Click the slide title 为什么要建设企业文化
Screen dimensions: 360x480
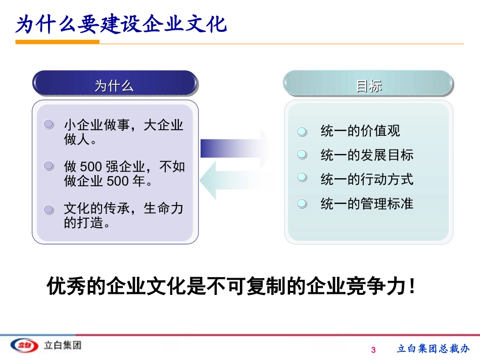point(121,24)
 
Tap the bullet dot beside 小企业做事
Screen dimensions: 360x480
point(49,124)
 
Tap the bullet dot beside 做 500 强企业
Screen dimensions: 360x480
point(49,166)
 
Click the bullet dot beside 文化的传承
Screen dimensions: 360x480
point(49,209)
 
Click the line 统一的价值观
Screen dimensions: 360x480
point(360,131)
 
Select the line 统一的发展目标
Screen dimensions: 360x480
point(366,155)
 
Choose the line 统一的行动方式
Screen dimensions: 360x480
point(366,179)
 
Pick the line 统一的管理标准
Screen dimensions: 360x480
point(366,203)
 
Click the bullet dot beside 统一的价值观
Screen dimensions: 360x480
point(302,131)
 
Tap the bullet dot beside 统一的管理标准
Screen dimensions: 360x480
point(302,203)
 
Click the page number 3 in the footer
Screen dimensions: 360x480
point(374,350)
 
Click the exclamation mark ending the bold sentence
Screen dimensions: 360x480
point(413,287)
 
